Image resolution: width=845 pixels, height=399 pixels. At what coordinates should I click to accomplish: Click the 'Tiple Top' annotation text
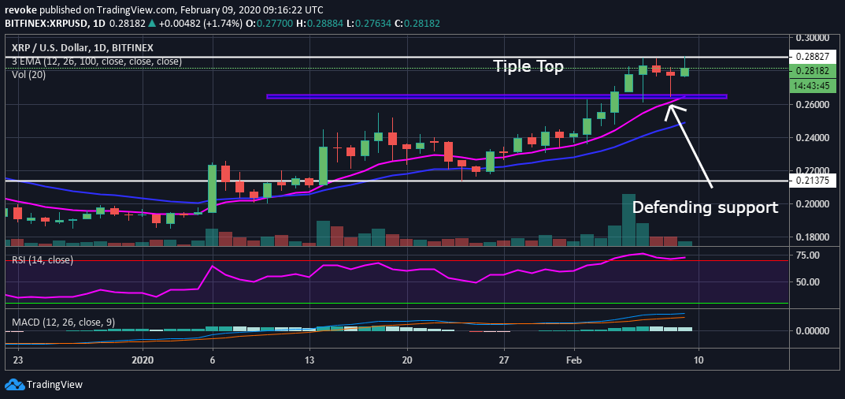point(528,67)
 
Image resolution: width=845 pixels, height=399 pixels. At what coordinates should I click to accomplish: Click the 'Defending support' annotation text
point(705,207)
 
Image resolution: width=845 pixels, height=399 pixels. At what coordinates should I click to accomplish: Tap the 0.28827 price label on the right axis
point(813,58)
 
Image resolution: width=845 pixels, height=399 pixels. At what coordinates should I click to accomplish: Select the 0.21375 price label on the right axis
point(813,181)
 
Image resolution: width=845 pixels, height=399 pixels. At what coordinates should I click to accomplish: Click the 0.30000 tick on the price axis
point(813,37)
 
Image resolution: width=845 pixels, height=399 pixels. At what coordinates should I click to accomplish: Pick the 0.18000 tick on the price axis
point(813,237)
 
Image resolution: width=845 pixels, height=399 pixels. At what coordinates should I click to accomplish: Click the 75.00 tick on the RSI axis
point(808,255)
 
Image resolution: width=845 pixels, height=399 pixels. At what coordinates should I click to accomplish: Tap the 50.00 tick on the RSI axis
point(808,282)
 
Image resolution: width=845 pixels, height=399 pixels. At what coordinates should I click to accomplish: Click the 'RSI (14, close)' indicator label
point(42,259)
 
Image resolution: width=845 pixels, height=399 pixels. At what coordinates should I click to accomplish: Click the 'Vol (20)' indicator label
point(28,74)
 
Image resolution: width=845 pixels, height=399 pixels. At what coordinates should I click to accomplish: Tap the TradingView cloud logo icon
point(14,385)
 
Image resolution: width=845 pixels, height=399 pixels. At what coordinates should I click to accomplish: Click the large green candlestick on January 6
point(213,188)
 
